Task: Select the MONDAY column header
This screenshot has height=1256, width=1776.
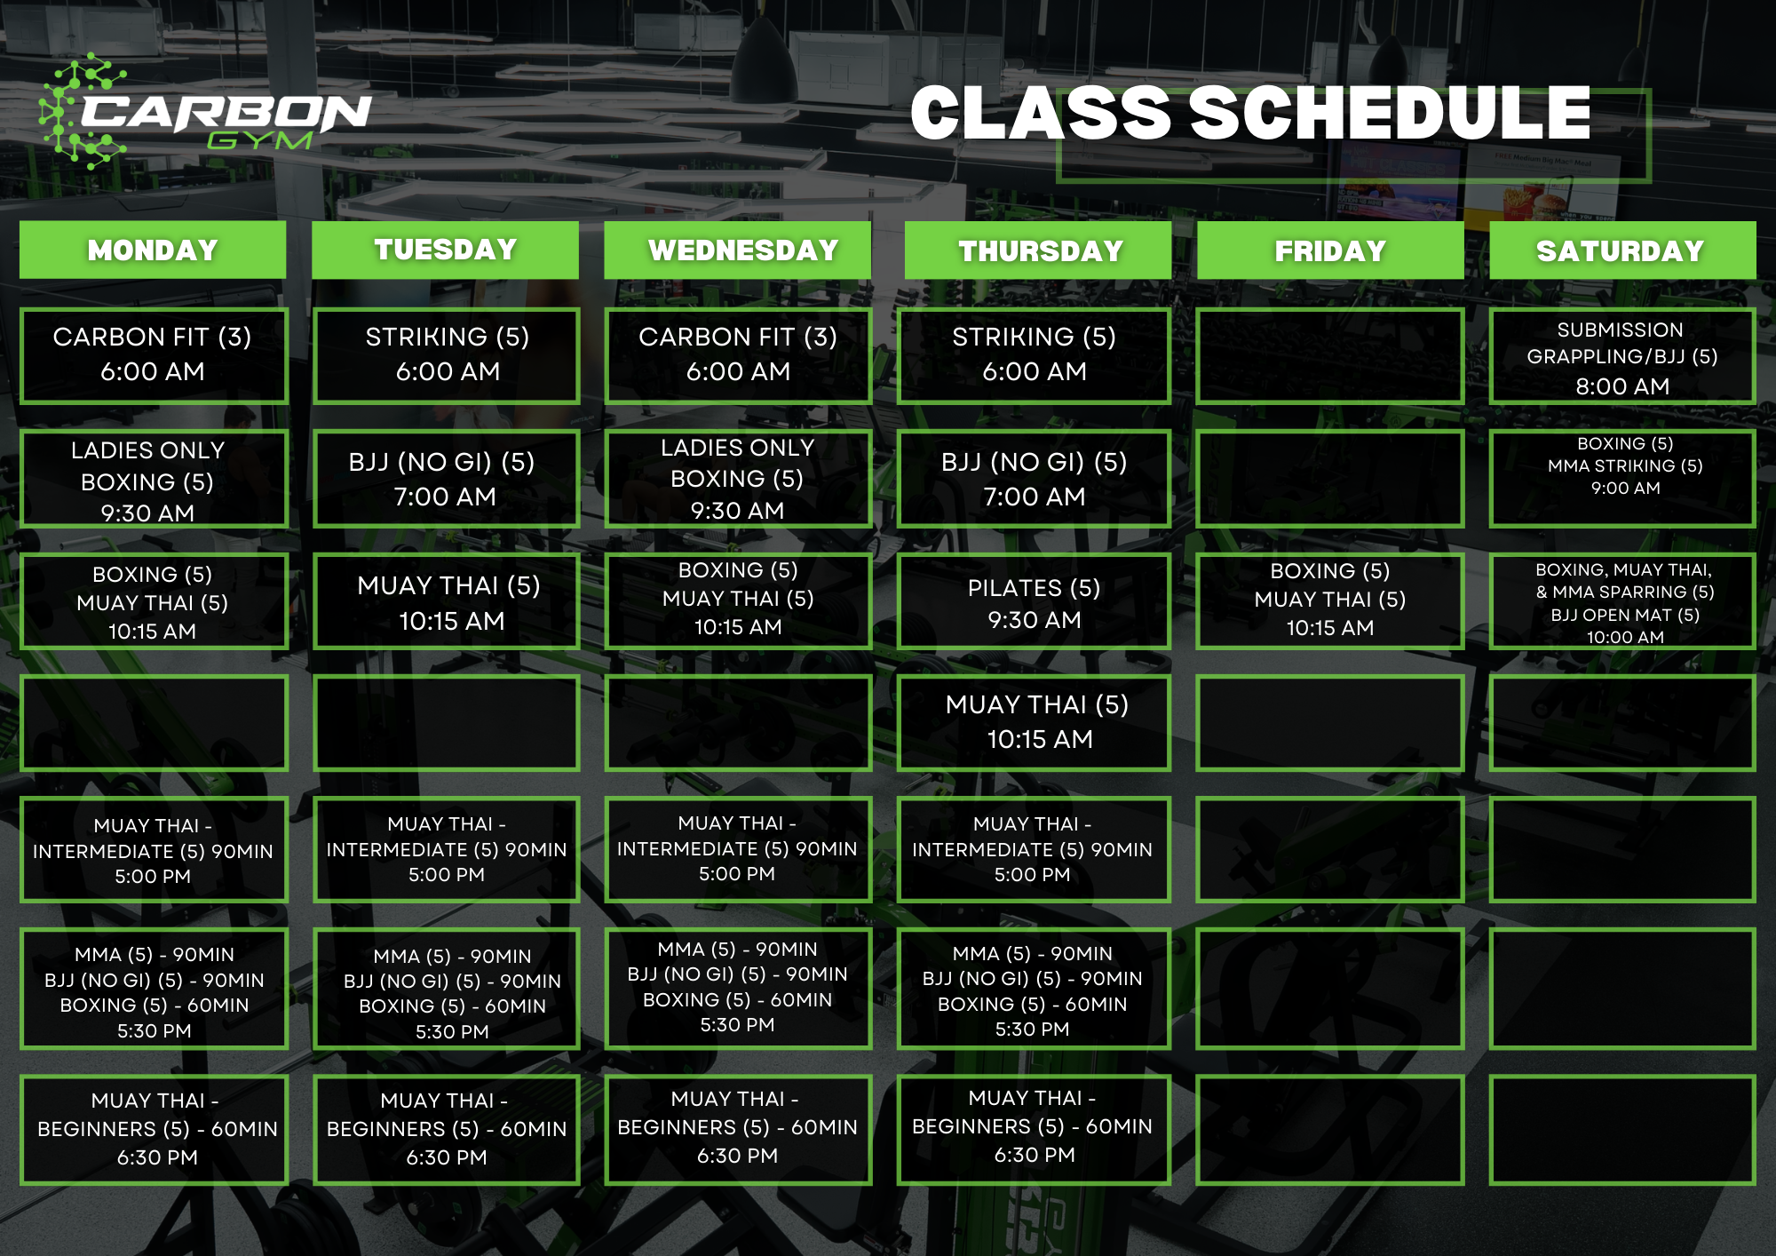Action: coord(153,250)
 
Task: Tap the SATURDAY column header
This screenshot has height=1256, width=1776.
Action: coord(1621,250)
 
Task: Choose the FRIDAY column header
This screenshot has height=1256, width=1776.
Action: coord(1330,250)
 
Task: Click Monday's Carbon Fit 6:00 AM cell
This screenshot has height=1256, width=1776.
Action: coord(153,355)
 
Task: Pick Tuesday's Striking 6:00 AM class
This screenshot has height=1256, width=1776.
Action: coord(447,355)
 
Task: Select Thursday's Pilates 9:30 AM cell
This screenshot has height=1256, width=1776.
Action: coord(1034,602)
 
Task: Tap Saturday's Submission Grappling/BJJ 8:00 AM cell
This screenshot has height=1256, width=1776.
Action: coord(1621,357)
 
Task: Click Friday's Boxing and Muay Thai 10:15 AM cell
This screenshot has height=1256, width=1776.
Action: coord(1329,600)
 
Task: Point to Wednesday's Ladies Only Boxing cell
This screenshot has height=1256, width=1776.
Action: coord(738,479)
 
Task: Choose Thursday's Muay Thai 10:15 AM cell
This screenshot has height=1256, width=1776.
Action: coord(1035,722)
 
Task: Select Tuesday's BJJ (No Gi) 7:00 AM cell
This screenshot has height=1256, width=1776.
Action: coord(446,479)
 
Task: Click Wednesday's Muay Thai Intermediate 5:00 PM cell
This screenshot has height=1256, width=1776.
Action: coord(737,849)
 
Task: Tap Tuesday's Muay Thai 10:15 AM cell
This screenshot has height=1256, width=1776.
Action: coord(448,602)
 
